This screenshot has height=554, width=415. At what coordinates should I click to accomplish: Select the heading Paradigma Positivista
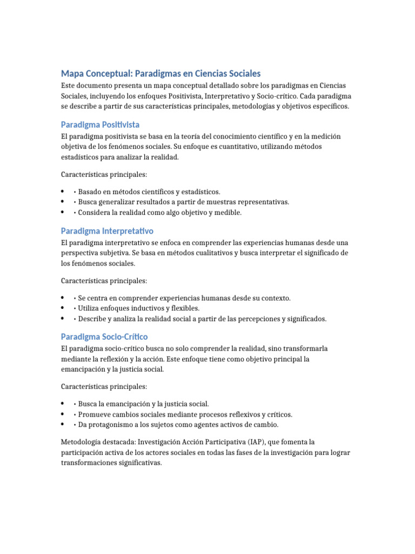tap(100, 124)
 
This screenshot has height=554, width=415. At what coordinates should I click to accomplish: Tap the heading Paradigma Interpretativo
tap(107, 231)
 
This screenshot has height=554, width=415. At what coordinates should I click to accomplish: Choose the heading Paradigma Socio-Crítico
tap(104, 337)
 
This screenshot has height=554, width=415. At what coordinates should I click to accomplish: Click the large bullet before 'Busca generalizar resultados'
tap(63, 202)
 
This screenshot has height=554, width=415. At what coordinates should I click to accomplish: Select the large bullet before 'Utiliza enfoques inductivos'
tap(63, 308)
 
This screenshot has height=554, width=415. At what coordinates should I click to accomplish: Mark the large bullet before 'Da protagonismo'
tap(63, 425)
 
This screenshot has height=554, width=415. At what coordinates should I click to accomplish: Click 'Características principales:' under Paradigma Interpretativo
tap(104, 281)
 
